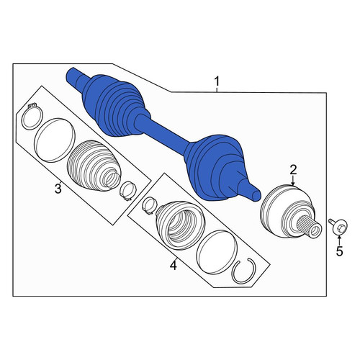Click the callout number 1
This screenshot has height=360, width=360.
(x=217, y=81)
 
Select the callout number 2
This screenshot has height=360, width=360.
(x=293, y=170)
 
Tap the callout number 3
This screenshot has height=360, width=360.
(x=58, y=189)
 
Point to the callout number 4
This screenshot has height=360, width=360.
(x=174, y=266)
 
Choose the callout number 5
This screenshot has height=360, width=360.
(x=339, y=251)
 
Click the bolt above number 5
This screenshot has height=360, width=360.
(x=338, y=225)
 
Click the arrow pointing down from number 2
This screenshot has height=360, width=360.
(x=293, y=181)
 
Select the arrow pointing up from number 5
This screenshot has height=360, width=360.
(x=339, y=240)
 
